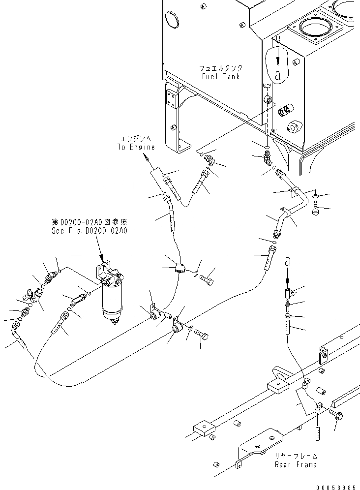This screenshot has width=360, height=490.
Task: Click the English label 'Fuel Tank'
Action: coord(221,76)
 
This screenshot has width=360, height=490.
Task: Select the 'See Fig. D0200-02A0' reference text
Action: coord(89,230)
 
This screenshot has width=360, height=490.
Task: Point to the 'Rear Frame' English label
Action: coord(296,464)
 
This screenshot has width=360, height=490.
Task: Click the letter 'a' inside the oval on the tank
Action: coord(278,75)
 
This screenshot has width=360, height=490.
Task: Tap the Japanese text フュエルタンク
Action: coord(221,68)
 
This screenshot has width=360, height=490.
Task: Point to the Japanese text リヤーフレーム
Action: coord(296,456)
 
